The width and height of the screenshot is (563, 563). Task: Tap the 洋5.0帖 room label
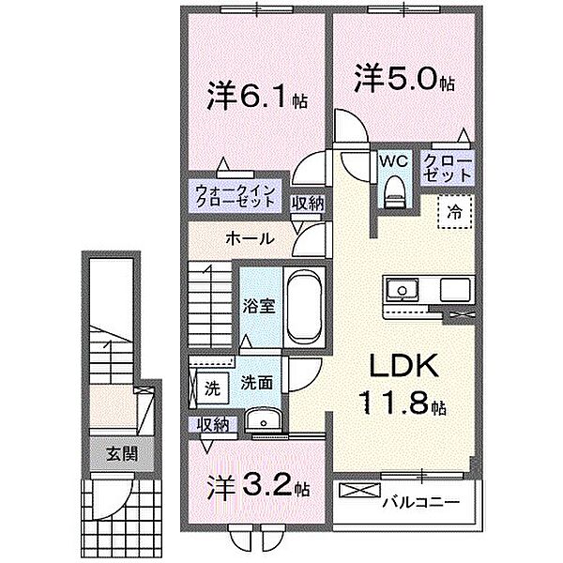pyautogui.click(x=404, y=78)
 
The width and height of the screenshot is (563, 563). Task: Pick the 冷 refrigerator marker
pyautogui.click(x=454, y=211)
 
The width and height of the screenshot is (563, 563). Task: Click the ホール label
pyautogui.click(x=249, y=238)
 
